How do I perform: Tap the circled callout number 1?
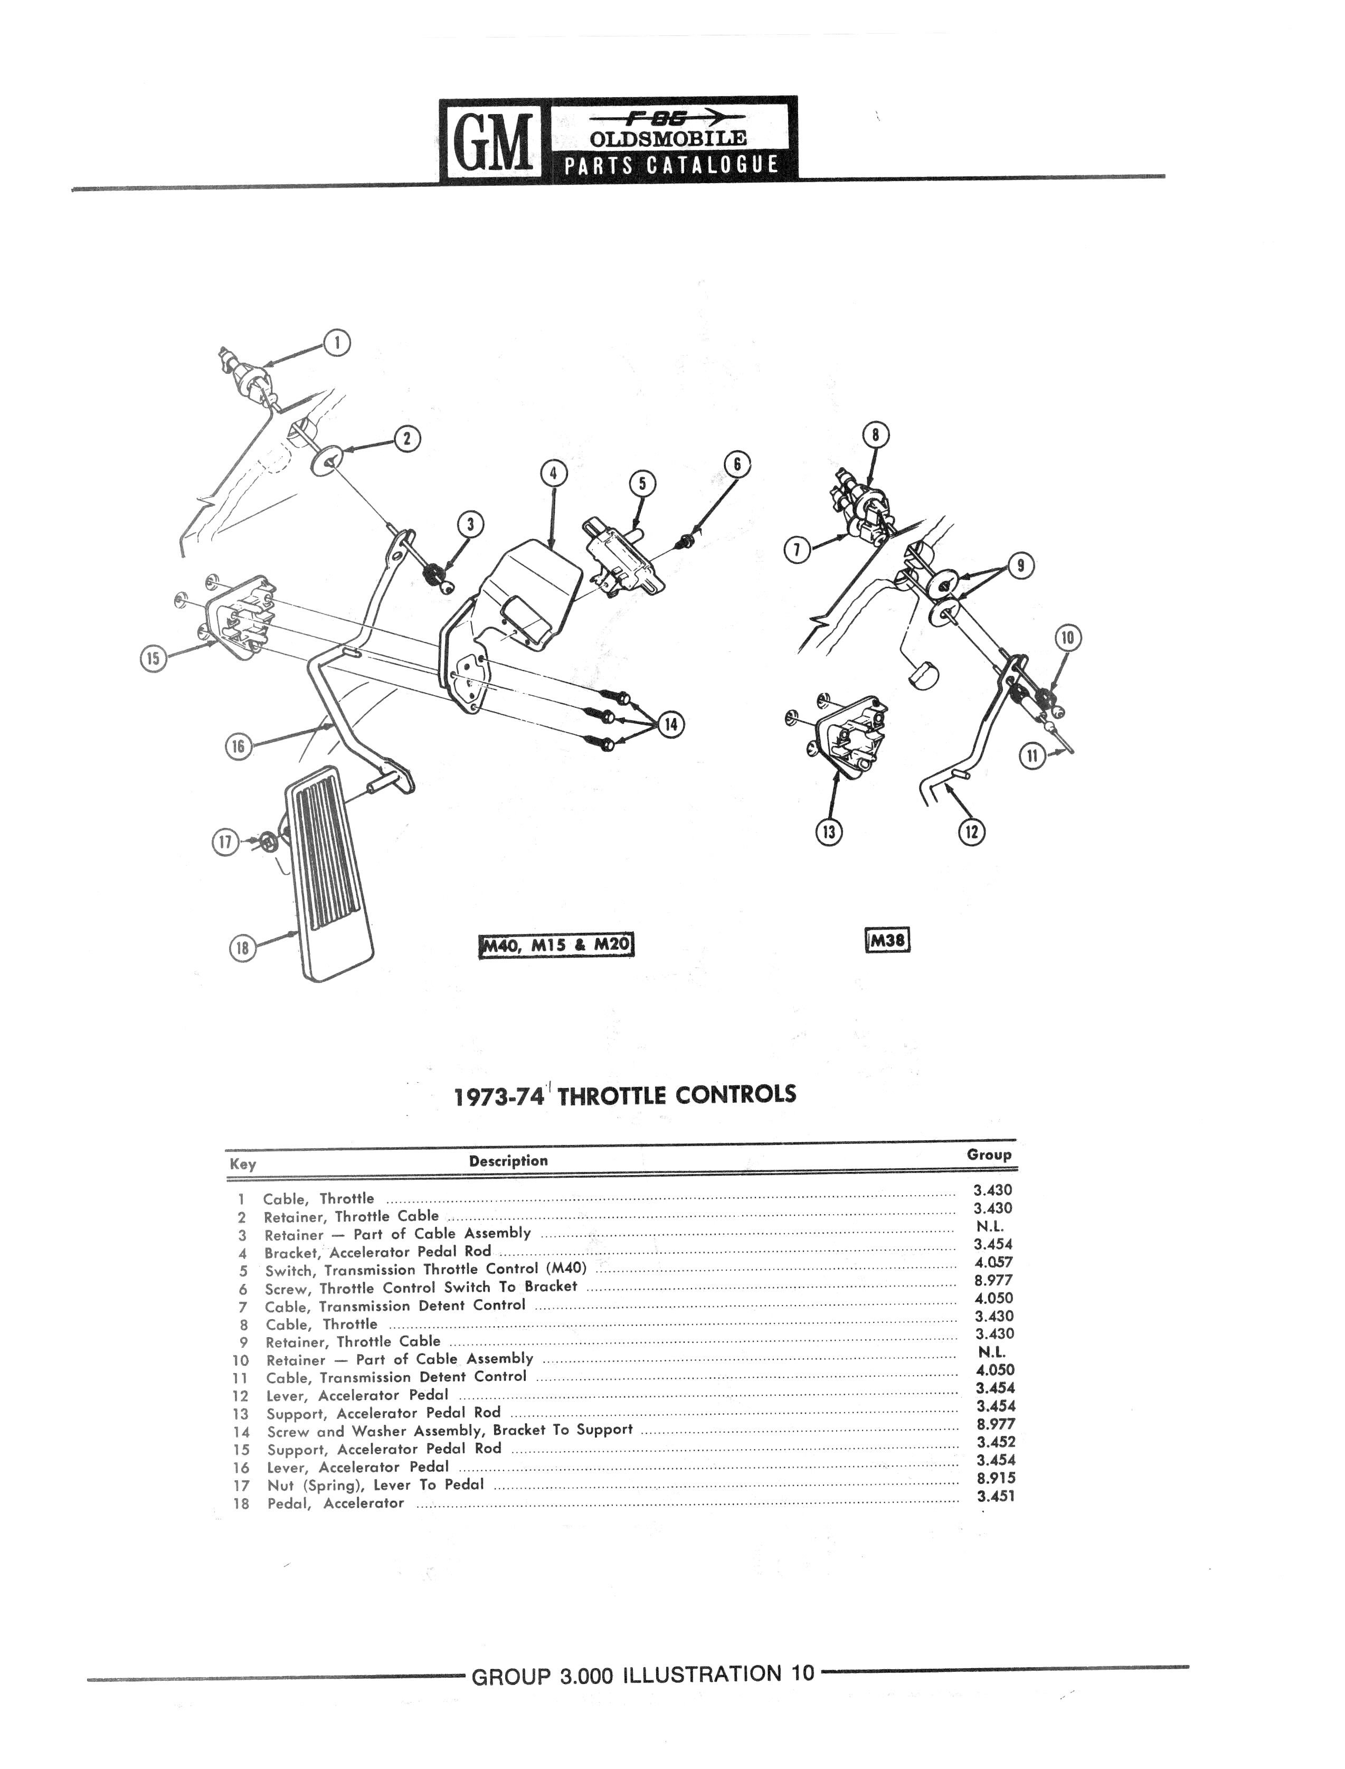coord(337,343)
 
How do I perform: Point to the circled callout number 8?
coord(876,434)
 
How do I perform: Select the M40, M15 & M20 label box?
coord(556,945)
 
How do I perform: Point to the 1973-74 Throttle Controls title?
coord(624,1094)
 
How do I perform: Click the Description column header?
coord(508,1161)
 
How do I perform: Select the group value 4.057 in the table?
coord(993,1262)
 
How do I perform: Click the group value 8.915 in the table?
coord(996,1479)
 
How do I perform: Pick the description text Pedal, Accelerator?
coord(335,1503)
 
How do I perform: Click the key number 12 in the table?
coord(241,1396)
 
